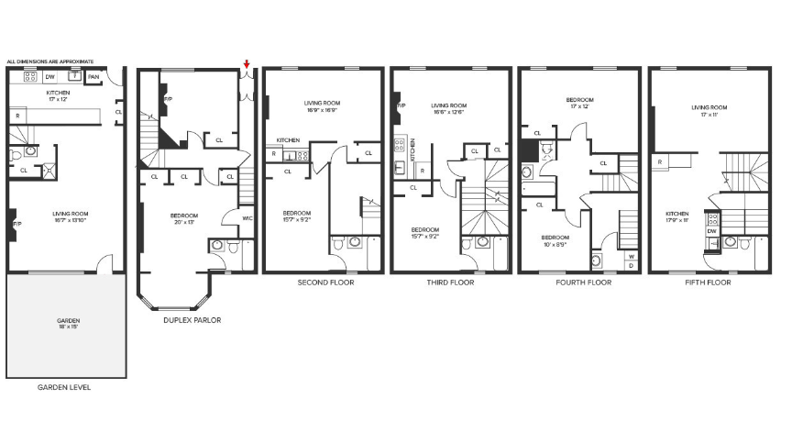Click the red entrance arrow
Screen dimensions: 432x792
pyautogui.click(x=246, y=64)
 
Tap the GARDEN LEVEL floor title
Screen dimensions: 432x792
pyautogui.click(x=64, y=387)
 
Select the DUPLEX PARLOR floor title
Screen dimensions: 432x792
pyautogui.click(x=192, y=320)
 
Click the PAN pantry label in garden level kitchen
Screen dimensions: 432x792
pyautogui.click(x=93, y=77)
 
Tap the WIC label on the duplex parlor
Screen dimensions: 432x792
pyautogui.click(x=247, y=217)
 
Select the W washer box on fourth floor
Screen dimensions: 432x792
pyautogui.click(x=631, y=256)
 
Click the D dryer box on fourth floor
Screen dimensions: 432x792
pyautogui.click(x=631, y=265)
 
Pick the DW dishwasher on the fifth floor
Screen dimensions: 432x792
pyautogui.click(x=711, y=232)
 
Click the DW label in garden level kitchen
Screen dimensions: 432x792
pyautogui.click(x=51, y=77)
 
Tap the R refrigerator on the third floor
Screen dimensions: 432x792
pyautogui.click(x=421, y=171)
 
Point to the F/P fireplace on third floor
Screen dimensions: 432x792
pyautogui.click(x=401, y=106)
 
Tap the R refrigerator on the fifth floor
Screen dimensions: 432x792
pyautogui.click(x=660, y=162)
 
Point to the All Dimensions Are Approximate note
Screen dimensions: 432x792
pyautogui.click(x=50, y=61)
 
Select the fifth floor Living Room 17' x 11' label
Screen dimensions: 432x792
pyautogui.click(x=709, y=111)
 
